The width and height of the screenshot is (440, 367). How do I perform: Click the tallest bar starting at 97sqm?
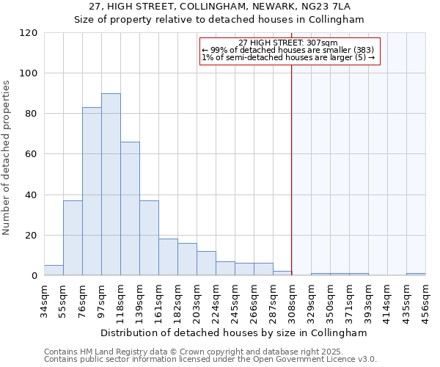pos(111,184)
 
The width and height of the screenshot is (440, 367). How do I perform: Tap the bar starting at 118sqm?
pos(130,208)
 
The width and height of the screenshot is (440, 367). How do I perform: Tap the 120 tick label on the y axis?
pos(29,33)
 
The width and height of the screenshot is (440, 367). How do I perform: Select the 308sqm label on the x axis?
pos(293,299)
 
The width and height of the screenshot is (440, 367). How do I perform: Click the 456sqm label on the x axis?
pos(426,299)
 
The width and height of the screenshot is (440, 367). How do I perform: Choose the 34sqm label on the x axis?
pos(44,299)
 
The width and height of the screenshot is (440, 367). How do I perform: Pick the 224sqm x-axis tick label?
pos(216,299)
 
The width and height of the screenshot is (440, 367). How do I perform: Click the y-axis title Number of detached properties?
pos(7,157)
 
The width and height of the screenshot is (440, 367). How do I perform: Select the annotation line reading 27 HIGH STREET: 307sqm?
pos(288,43)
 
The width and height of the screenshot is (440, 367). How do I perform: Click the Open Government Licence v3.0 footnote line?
pos(210,360)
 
